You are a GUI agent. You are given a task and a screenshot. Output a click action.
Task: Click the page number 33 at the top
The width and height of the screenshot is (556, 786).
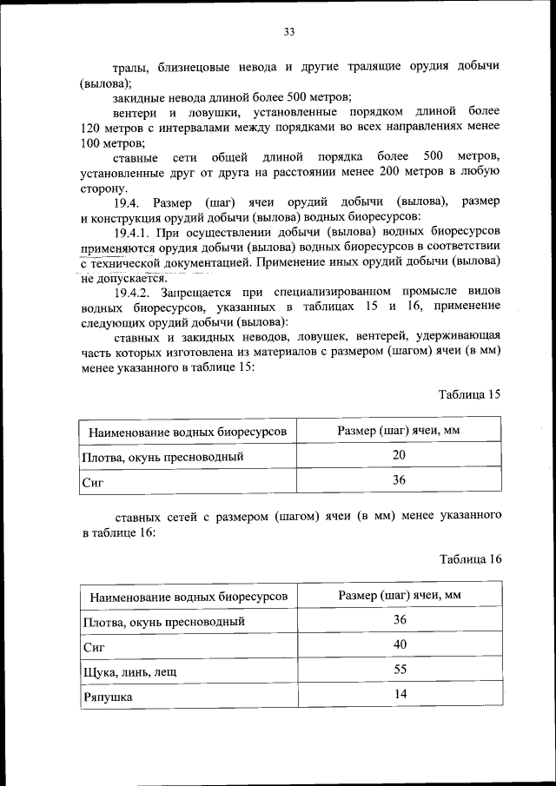click(289, 32)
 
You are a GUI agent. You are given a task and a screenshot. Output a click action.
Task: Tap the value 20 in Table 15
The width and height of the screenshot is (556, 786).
click(399, 454)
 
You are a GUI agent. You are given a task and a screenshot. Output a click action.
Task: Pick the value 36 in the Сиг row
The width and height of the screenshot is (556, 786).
click(399, 479)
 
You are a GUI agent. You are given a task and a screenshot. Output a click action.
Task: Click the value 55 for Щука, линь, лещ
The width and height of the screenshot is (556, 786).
click(400, 669)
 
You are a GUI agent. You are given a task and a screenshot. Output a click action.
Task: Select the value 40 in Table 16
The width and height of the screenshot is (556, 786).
click(400, 644)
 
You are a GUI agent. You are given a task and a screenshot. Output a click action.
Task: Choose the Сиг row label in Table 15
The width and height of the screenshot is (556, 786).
click(92, 482)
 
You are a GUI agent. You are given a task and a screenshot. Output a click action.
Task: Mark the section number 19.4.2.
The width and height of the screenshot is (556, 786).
click(134, 292)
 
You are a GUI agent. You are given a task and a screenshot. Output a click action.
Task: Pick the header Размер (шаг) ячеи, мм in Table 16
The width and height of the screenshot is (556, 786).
click(399, 595)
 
